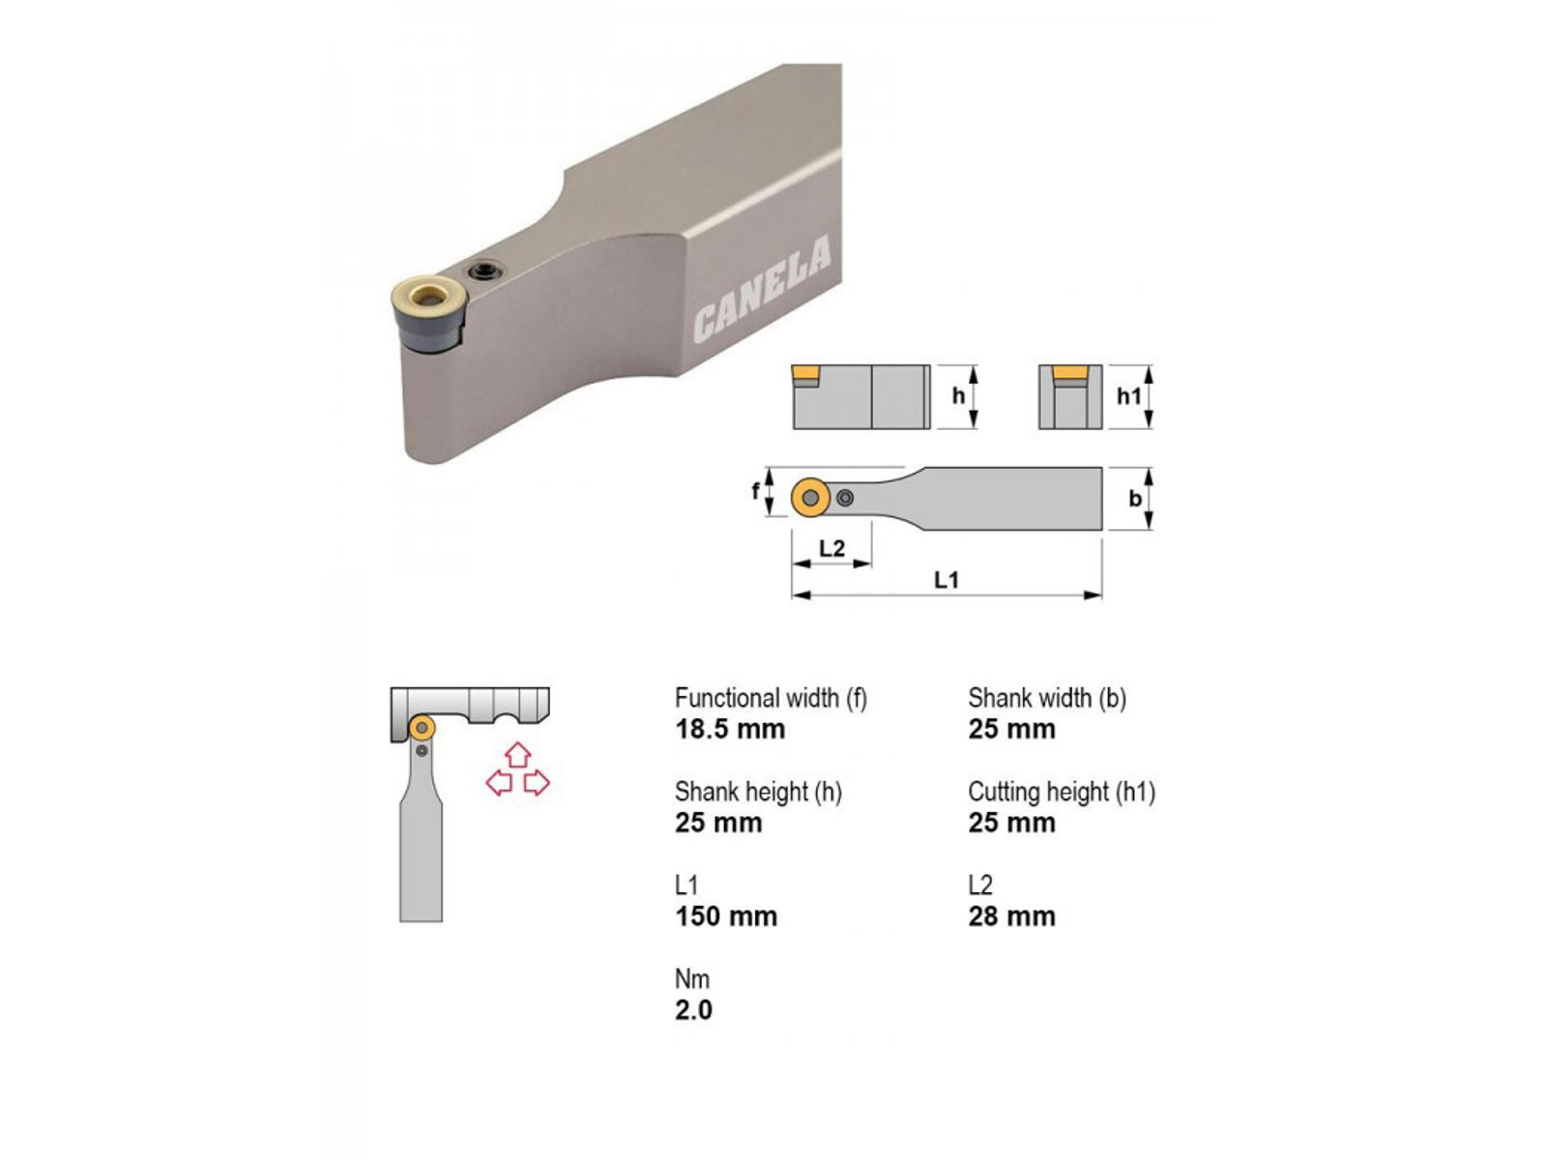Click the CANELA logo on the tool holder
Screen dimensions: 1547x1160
761,290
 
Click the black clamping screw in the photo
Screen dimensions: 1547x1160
486,271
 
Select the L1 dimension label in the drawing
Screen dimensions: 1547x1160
946,580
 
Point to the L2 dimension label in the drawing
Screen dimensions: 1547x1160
832,548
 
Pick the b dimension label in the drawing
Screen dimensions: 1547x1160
1135,499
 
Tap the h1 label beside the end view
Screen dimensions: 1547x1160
1128,395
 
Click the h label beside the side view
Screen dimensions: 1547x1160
958,395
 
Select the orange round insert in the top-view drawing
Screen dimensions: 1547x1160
810,497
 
